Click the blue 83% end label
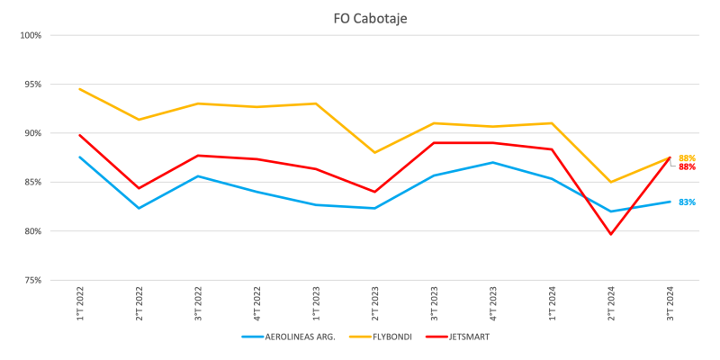click(x=687, y=202)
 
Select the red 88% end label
click(x=687, y=167)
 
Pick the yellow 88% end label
click(x=687, y=158)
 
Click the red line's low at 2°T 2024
click(x=611, y=234)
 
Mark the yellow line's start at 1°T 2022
click(x=80, y=89)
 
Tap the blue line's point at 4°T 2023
click(x=493, y=163)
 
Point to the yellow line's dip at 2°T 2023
click(x=375, y=153)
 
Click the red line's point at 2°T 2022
click(x=139, y=188)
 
